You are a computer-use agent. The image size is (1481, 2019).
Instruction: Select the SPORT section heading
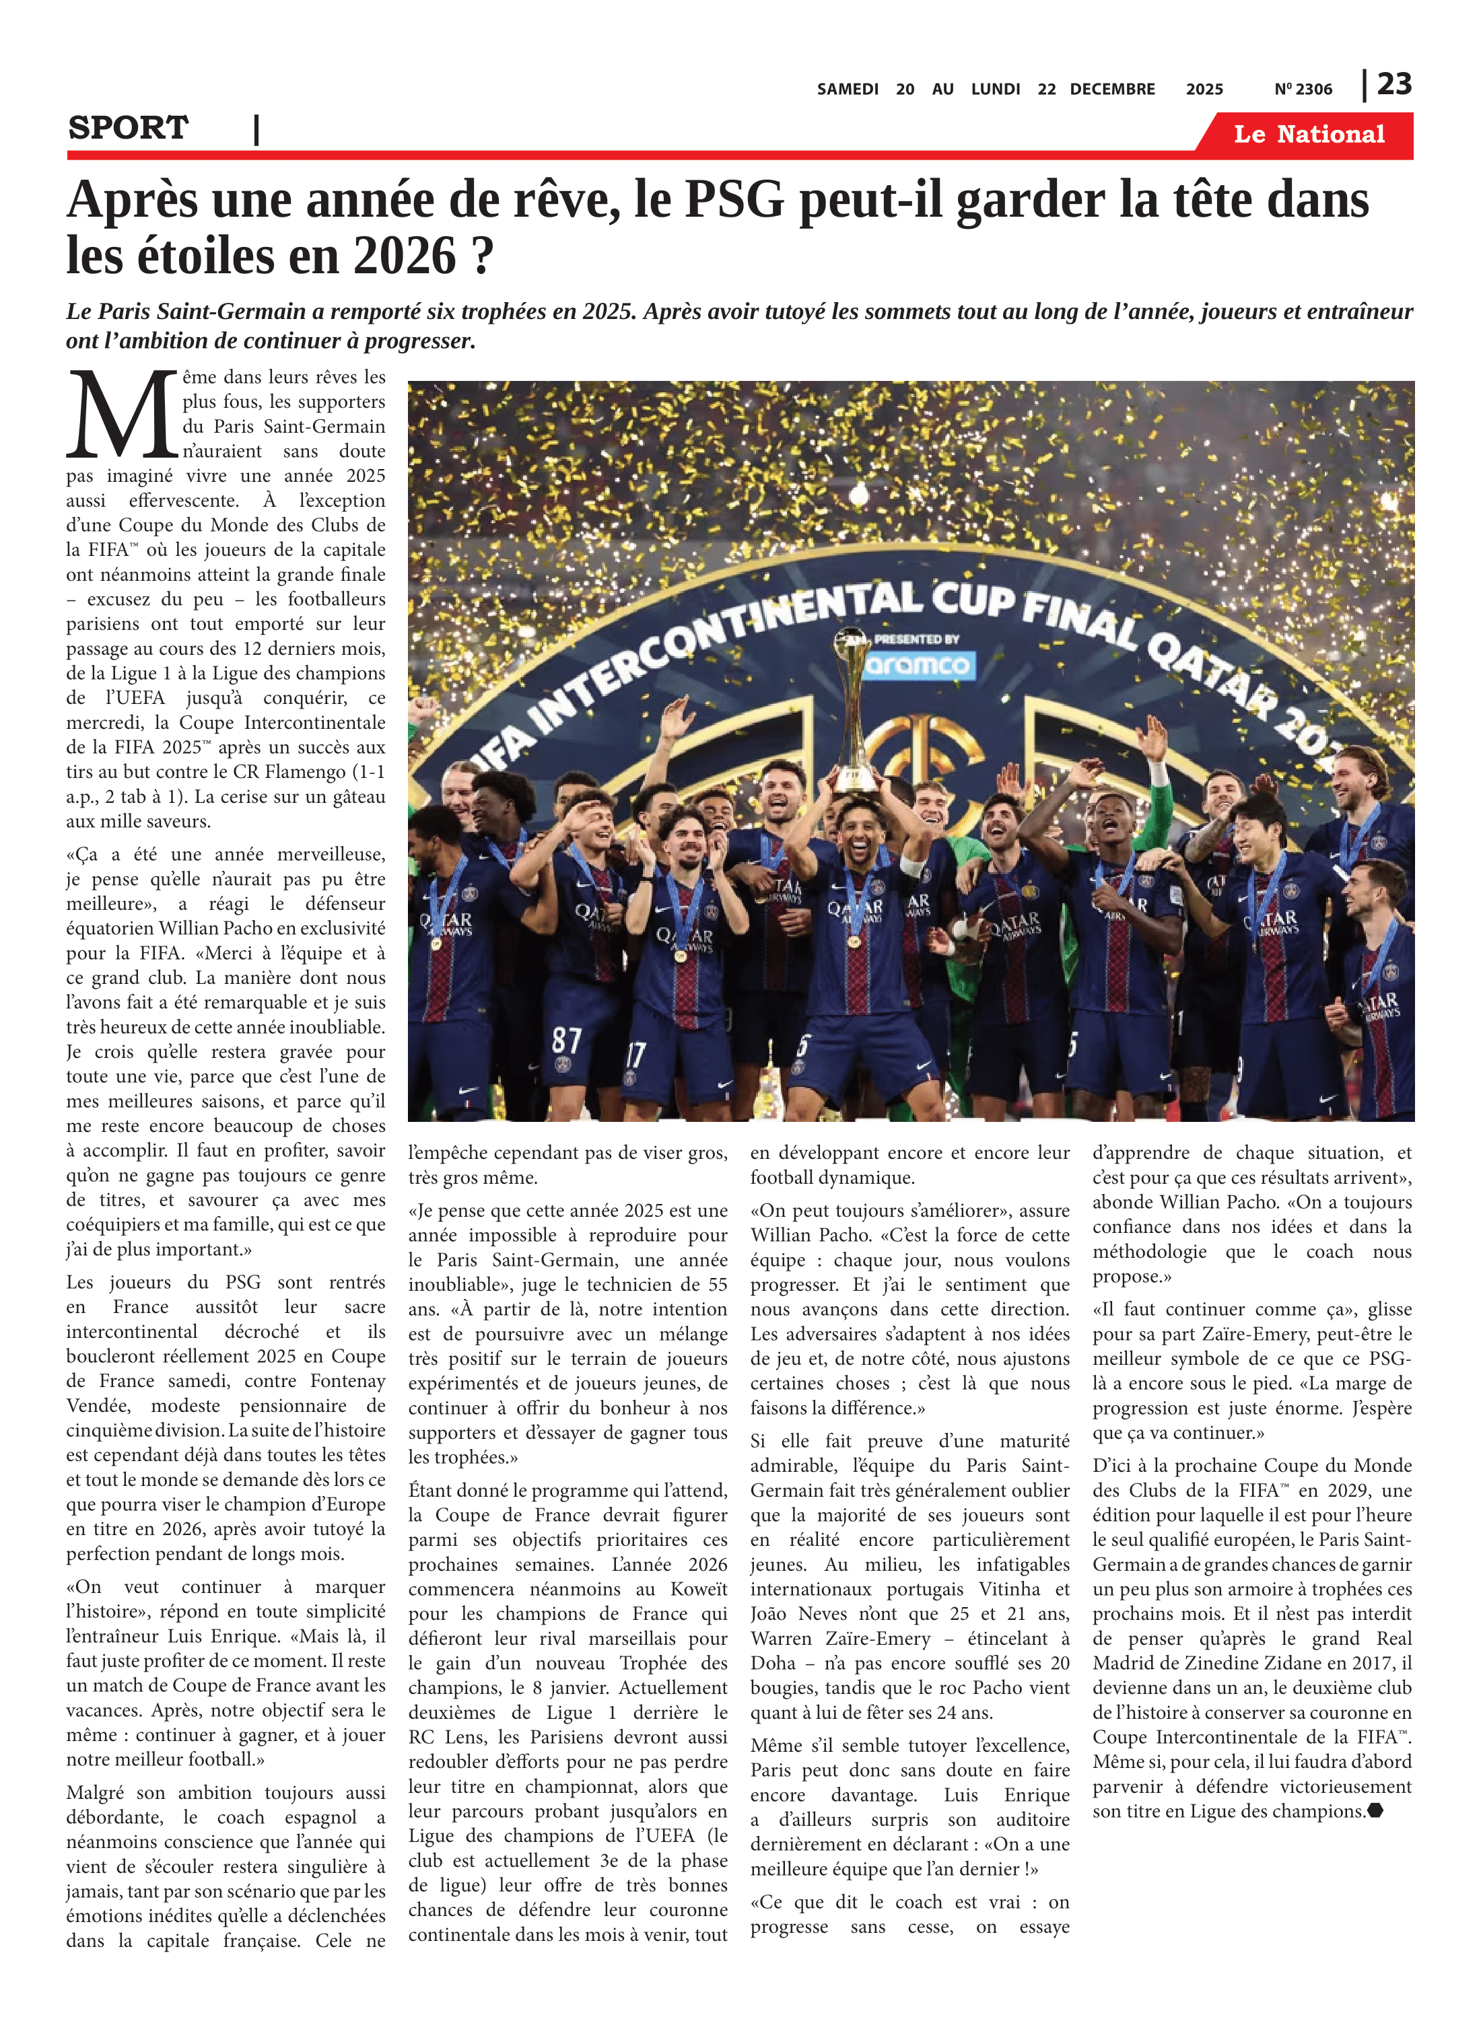[x=128, y=128]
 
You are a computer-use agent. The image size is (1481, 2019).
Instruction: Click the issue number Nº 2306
[x=1303, y=90]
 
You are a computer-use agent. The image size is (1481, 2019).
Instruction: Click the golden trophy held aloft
[x=856, y=708]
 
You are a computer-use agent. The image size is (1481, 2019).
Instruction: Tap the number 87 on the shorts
[x=567, y=1040]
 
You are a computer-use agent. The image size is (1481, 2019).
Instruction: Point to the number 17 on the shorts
[x=635, y=1055]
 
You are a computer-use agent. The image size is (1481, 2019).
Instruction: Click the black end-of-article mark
[x=1375, y=1811]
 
